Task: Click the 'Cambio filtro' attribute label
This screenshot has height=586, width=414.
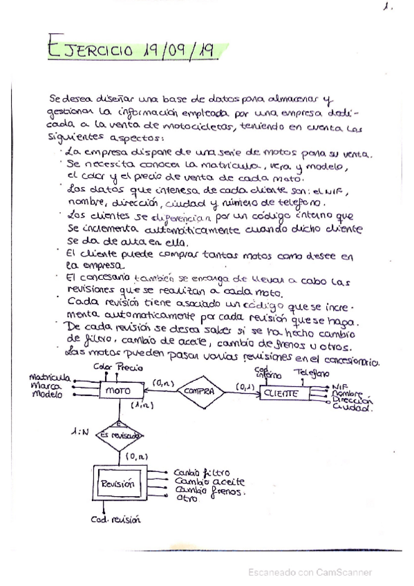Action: click(202, 472)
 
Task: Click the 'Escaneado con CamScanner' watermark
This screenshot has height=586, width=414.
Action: click(310, 571)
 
